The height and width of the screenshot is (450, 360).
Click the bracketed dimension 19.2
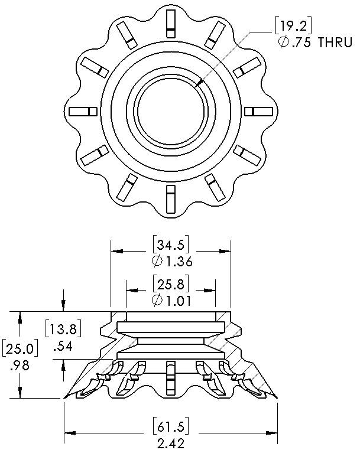click(x=293, y=26)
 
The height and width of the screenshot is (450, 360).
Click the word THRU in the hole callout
click(x=335, y=43)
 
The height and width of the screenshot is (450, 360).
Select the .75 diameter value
click(x=301, y=43)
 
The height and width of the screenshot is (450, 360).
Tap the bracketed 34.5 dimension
click(x=171, y=244)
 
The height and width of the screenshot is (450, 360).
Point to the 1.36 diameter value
click(x=179, y=262)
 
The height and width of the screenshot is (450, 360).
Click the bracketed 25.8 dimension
click(x=171, y=284)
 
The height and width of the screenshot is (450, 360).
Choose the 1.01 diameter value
click(x=179, y=301)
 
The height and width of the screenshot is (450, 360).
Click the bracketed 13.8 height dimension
click(x=63, y=328)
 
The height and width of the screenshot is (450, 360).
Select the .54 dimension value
click(x=63, y=347)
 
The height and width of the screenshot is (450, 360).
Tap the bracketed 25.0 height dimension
click(x=20, y=348)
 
